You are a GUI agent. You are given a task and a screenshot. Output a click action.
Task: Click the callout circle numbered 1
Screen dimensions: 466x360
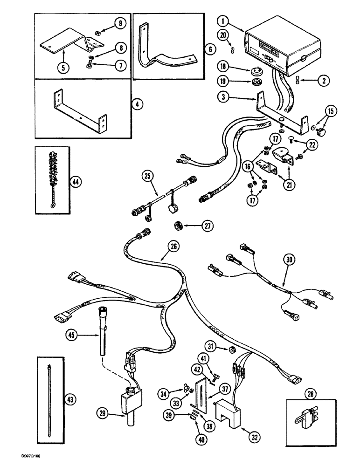coord(223,21)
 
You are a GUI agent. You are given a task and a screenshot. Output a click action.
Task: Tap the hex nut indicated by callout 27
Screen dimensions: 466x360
coord(178,226)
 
